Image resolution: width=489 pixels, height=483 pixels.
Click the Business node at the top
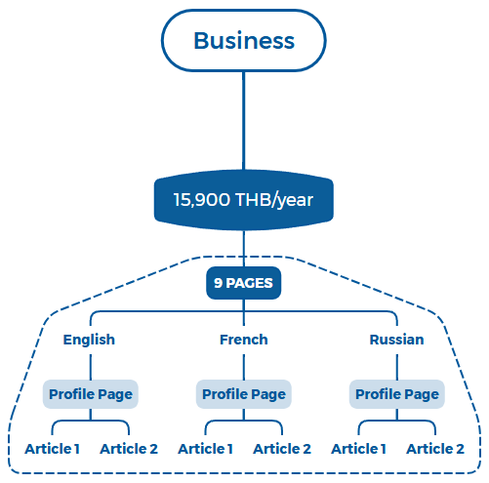(x=243, y=41)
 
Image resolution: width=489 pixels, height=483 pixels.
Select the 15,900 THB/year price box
(x=243, y=200)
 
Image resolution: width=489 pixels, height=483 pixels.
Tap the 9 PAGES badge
(x=244, y=284)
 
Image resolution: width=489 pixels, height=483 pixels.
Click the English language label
(x=89, y=340)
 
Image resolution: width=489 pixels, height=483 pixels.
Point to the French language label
(x=244, y=340)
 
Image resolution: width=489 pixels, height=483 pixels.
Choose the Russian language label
(x=396, y=340)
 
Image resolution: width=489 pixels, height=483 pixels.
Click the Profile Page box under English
(x=91, y=394)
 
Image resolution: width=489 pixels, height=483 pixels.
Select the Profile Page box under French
(x=244, y=394)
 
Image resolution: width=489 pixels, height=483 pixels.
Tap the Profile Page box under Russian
(x=396, y=394)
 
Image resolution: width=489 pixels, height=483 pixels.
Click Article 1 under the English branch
(x=52, y=449)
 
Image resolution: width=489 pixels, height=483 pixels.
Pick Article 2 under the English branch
(x=128, y=449)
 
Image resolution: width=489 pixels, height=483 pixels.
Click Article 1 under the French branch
(x=205, y=449)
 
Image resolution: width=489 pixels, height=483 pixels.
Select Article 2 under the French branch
(x=281, y=449)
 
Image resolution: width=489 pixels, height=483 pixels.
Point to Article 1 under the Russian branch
(x=358, y=449)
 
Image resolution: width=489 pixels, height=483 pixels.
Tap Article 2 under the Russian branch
(x=434, y=449)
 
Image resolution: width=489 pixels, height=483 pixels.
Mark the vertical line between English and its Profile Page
(x=91, y=365)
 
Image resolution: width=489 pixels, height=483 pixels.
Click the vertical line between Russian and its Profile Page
(x=396, y=365)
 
